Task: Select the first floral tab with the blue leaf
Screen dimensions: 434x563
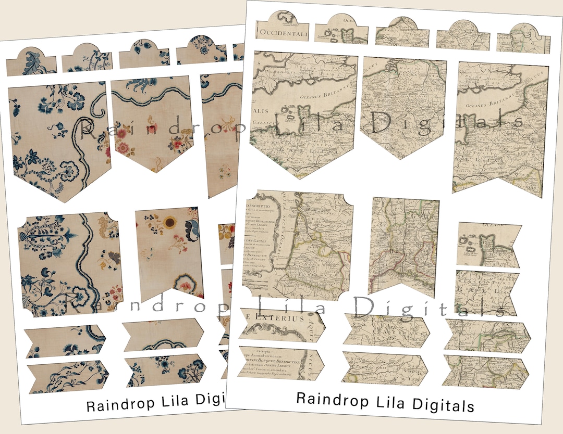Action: coord(31,62)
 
